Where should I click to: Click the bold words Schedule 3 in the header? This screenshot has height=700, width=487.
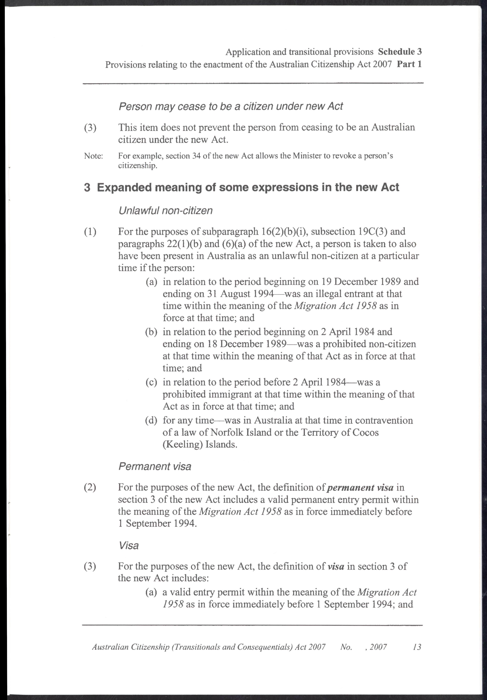400,52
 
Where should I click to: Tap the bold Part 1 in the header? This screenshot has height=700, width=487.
409,64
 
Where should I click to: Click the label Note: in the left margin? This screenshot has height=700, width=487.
93,156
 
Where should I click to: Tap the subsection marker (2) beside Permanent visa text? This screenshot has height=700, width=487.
90,487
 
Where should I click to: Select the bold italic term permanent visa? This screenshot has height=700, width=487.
360,487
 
